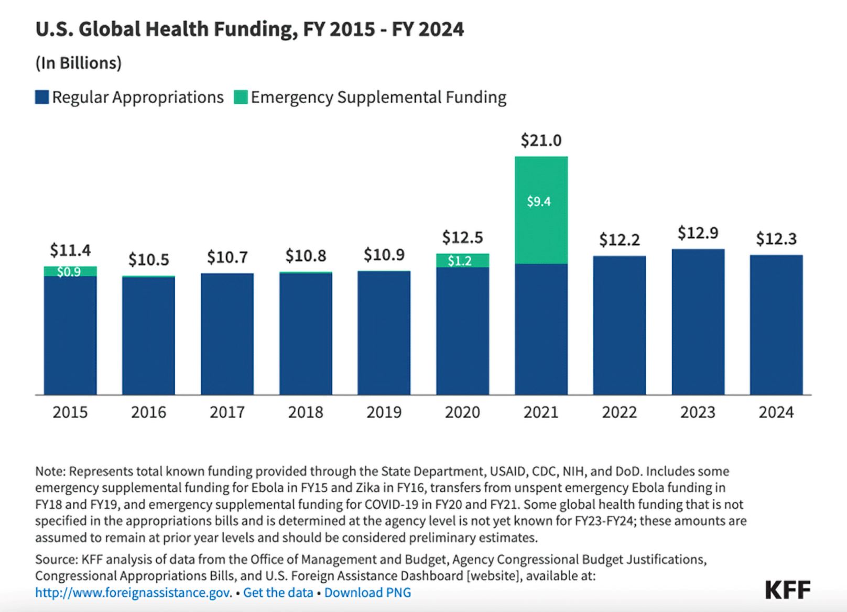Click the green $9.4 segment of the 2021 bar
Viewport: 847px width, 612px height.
coord(541,210)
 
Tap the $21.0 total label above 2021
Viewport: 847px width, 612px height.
coord(541,140)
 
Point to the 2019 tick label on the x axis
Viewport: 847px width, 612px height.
coord(384,412)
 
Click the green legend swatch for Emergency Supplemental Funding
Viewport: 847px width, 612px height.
coord(241,97)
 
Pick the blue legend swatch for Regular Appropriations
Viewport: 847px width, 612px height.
coord(42,97)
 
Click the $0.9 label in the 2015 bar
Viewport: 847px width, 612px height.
coord(69,272)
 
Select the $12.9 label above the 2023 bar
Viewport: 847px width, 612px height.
coord(698,233)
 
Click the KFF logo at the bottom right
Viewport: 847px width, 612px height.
coord(787,590)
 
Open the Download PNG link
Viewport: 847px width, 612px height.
coord(367,593)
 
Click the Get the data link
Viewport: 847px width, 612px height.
coord(278,593)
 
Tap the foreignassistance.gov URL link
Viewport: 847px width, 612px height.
coord(133,593)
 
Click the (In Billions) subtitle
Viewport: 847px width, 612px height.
coord(78,63)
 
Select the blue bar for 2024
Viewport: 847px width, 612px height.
coord(776,325)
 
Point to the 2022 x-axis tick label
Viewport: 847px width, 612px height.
coord(619,412)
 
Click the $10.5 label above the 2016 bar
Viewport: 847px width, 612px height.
coord(148,259)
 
